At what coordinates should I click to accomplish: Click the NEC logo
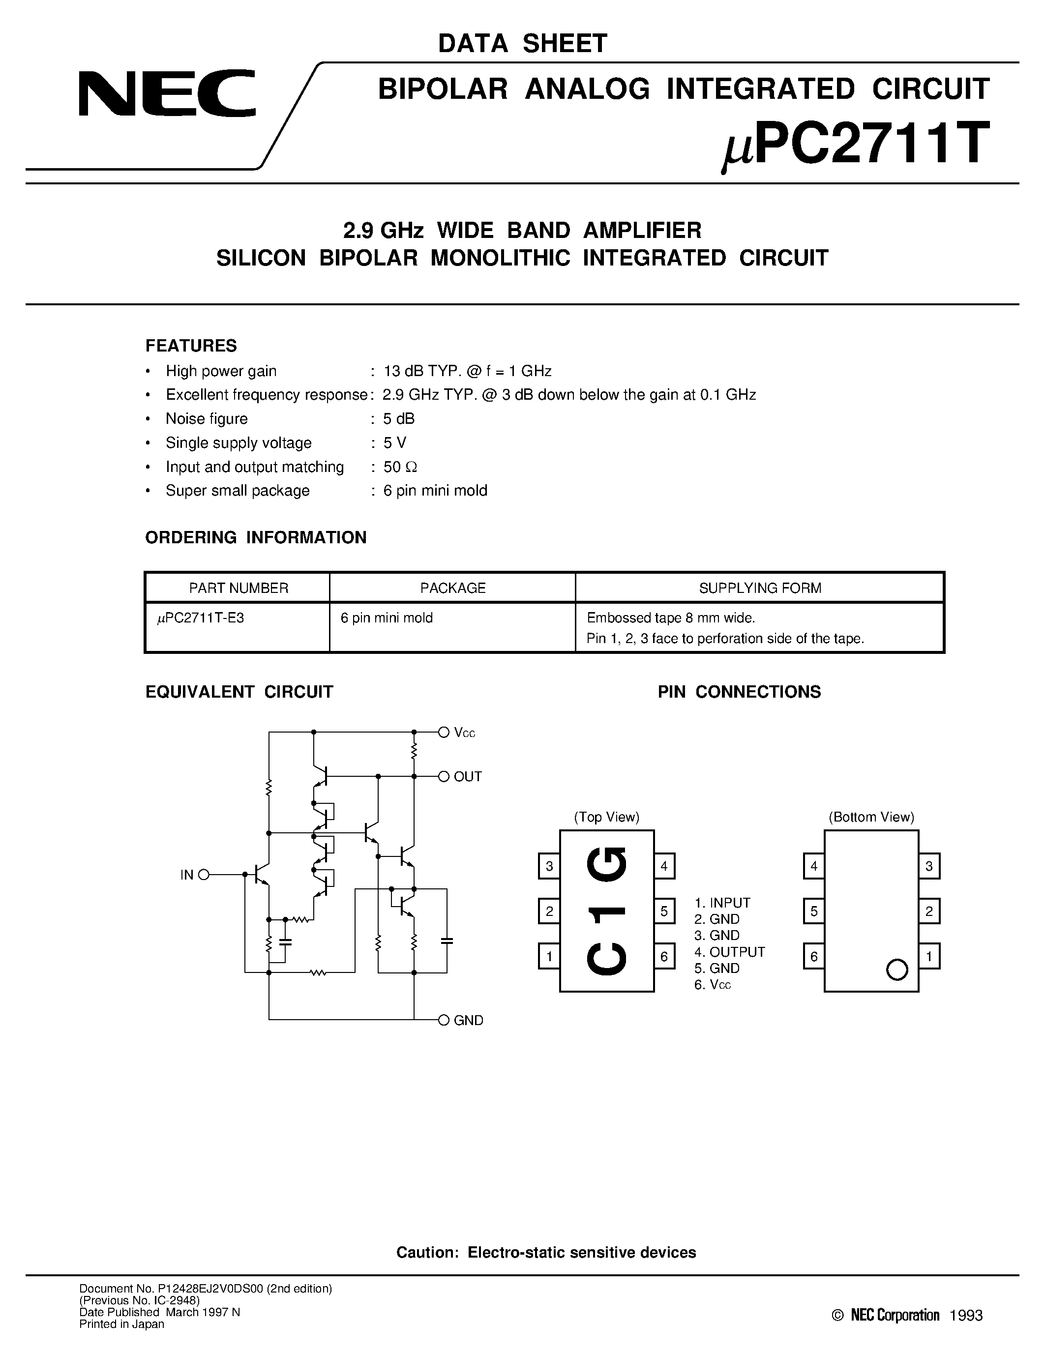pos(167,93)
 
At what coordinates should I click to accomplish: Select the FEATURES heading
pos(191,346)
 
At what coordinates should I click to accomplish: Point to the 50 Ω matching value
pos(400,467)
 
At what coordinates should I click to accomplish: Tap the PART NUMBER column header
pos(239,588)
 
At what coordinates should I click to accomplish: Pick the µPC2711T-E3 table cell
pos(201,618)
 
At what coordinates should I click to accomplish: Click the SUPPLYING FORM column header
pos(760,588)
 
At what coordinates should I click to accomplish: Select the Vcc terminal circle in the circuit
pos(443,733)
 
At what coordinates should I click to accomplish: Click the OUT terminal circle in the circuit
pos(443,776)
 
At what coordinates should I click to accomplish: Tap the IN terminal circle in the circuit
pos(204,875)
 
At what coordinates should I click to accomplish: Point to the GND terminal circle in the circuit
pos(443,1020)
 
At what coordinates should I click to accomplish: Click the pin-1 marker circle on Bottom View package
pos(896,970)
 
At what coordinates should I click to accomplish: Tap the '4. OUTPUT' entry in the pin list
pos(729,952)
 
